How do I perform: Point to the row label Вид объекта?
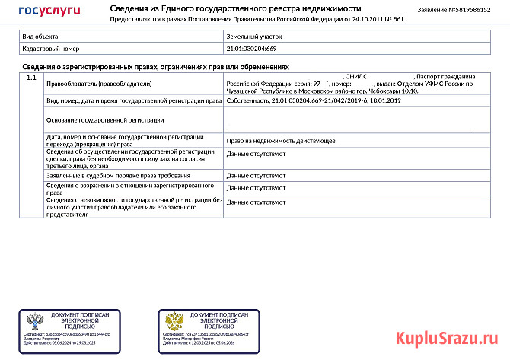pos(39,37)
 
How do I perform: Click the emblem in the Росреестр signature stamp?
pos(34,320)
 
